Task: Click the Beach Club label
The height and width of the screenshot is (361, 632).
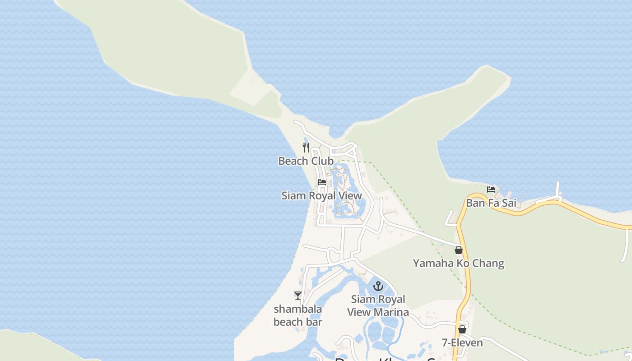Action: coord(306,161)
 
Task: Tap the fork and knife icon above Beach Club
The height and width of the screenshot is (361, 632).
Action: coord(306,147)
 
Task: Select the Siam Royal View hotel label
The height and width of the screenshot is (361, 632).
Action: coord(321,196)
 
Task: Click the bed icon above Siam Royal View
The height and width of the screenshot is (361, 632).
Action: coord(322,182)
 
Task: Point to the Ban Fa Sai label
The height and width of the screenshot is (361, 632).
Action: coord(491,203)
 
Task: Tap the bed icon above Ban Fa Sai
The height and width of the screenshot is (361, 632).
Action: coord(491,190)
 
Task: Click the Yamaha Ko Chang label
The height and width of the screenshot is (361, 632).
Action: coord(458,263)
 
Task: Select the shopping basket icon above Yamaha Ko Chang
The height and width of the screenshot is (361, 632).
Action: coord(459,250)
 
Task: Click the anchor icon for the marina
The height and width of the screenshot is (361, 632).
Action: coord(378,286)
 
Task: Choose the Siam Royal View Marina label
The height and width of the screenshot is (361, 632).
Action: coord(378,305)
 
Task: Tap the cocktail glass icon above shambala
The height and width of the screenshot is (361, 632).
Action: coord(298,296)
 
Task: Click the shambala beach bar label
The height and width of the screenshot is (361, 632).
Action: coord(298,315)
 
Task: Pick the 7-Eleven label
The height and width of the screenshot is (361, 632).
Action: coord(462,343)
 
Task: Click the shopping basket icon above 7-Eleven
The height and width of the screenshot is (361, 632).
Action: coord(462,330)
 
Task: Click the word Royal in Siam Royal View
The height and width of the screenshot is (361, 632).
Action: coord(323,196)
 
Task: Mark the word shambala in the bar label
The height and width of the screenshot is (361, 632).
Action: coord(298,309)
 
